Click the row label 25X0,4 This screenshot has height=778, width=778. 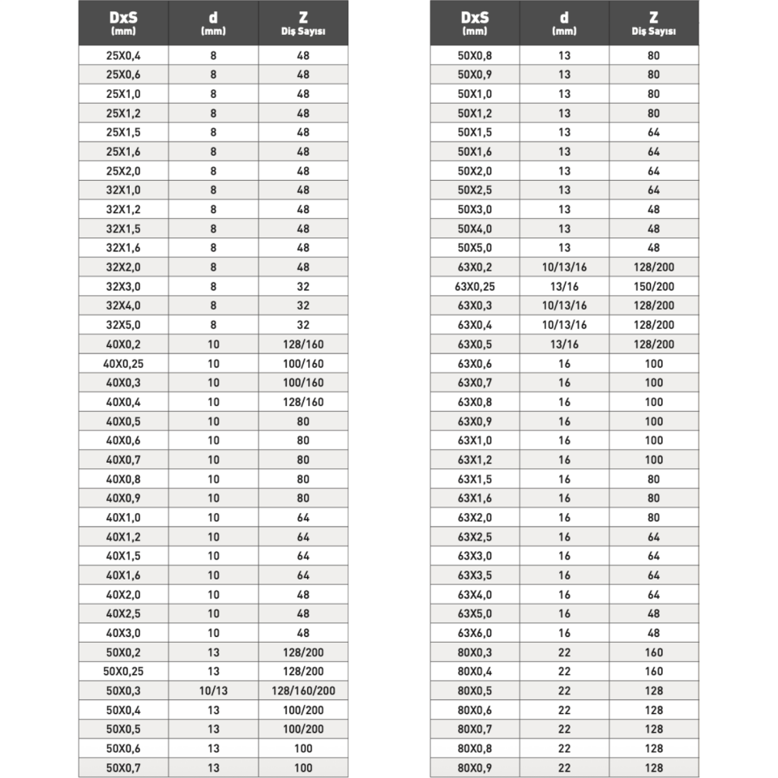tap(124, 56)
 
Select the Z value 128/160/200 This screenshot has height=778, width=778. tap(303, 690)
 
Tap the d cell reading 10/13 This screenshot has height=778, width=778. tap(213, 690)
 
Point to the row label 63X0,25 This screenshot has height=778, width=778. tap(475, 287)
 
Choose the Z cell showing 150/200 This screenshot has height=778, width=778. tap(653, 287)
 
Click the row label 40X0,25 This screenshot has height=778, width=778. tap(124, 363)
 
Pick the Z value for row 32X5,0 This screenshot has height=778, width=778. tap(303, 325)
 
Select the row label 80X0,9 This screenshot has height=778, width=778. tap(475, 767)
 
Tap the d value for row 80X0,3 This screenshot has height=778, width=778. tap(564, 652)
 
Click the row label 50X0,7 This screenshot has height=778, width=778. tap(124, 767)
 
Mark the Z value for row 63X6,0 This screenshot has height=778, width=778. tap(653, 633)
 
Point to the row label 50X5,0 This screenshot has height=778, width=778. tap(475, 248)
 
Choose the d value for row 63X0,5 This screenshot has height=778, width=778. tap(564, 344)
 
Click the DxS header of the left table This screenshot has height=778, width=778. tap(124, 23)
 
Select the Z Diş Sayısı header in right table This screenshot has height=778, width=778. tap(653, 23)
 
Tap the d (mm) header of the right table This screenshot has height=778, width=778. tap(564, 23)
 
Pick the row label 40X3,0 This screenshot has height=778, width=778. tap(124, 633)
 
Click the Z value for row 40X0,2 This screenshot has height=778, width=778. tap(303, 344)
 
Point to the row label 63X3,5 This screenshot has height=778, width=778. tap(475, 575)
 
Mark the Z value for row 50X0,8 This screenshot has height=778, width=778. tap(653, 56)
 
